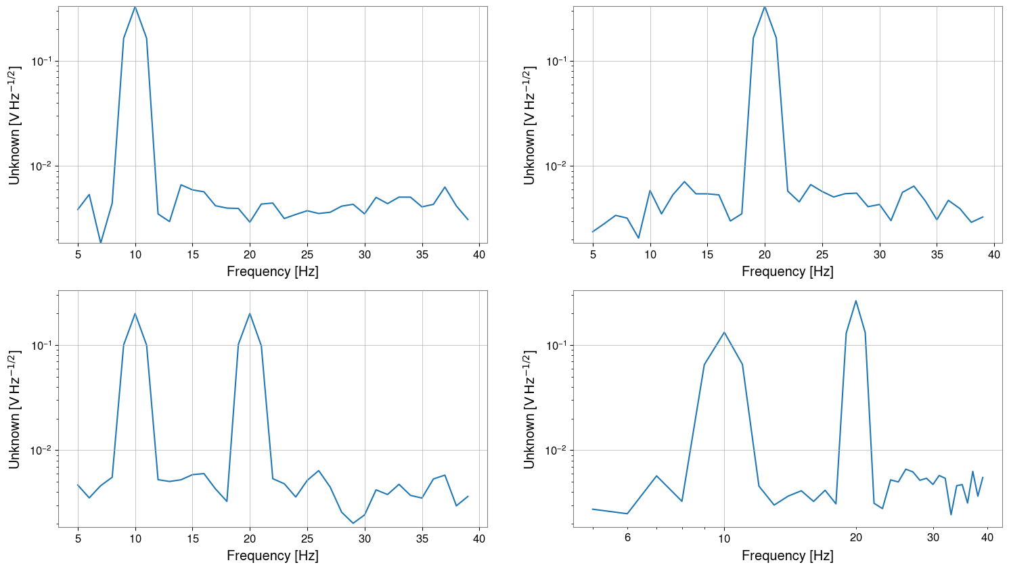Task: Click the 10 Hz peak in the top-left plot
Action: [135, 7]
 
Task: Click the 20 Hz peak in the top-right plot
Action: [765, 7]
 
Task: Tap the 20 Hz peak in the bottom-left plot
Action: [250, 314]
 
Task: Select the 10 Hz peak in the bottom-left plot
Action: [135, 314]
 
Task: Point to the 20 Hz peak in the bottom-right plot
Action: [856, 301]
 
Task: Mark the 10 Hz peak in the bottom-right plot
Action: [724, 333]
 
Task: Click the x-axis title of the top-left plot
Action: [272, 271]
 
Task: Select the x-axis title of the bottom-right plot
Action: [787, 555]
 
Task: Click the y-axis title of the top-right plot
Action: [529, 125]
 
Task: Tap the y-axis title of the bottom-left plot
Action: [14, 409]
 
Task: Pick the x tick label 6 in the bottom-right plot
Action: [627, 538]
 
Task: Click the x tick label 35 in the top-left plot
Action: [422, 254]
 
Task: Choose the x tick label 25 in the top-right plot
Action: [822, 254]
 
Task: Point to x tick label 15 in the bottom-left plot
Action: [193, 539]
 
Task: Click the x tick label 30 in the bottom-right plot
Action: [933, 538]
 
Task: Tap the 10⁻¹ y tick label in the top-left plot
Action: [41, 62]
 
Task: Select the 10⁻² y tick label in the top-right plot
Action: [556, 166]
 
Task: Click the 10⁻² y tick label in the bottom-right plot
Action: [556, 451]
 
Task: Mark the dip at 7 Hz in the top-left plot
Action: [101, 242]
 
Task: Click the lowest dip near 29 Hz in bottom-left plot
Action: [353, 523]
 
